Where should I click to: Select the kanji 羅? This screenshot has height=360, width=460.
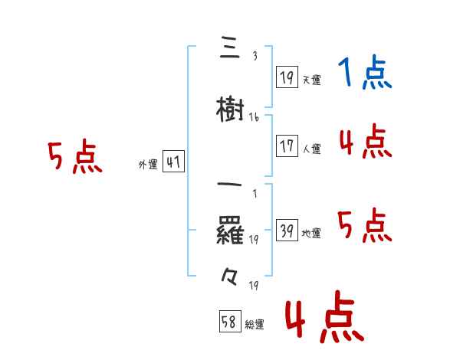pyautogui.click(x=230, y=230)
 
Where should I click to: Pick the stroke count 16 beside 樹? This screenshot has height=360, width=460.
pyautogui.click(x=254, y=117)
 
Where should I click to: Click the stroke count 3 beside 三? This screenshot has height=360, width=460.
pyautogui.click(x=254, y=56)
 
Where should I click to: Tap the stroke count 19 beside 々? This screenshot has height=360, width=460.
pyautogui.click(x=253, y=285)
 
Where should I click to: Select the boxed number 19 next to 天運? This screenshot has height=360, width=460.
pyautogui.click(x=287, y=77)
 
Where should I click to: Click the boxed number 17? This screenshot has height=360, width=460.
pyautogui.click(x=287, y=146)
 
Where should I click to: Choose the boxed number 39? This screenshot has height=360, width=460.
pyautogui.click(x=287, y=231)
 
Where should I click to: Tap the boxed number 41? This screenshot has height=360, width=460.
pyautogui.click(x=173, y=162)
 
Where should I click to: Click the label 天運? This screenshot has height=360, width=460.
pyautogui.click(x=311, y=80)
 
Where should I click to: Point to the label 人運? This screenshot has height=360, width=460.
pyautogui.click(x=311, y=149)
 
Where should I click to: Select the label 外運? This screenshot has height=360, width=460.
pyautogui.click(x=148, y=164)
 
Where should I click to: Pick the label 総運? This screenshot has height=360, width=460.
pyautogui.click(x=255, y=325)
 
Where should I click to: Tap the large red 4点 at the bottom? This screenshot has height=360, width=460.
pyautogui.click(x=324, y=318)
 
